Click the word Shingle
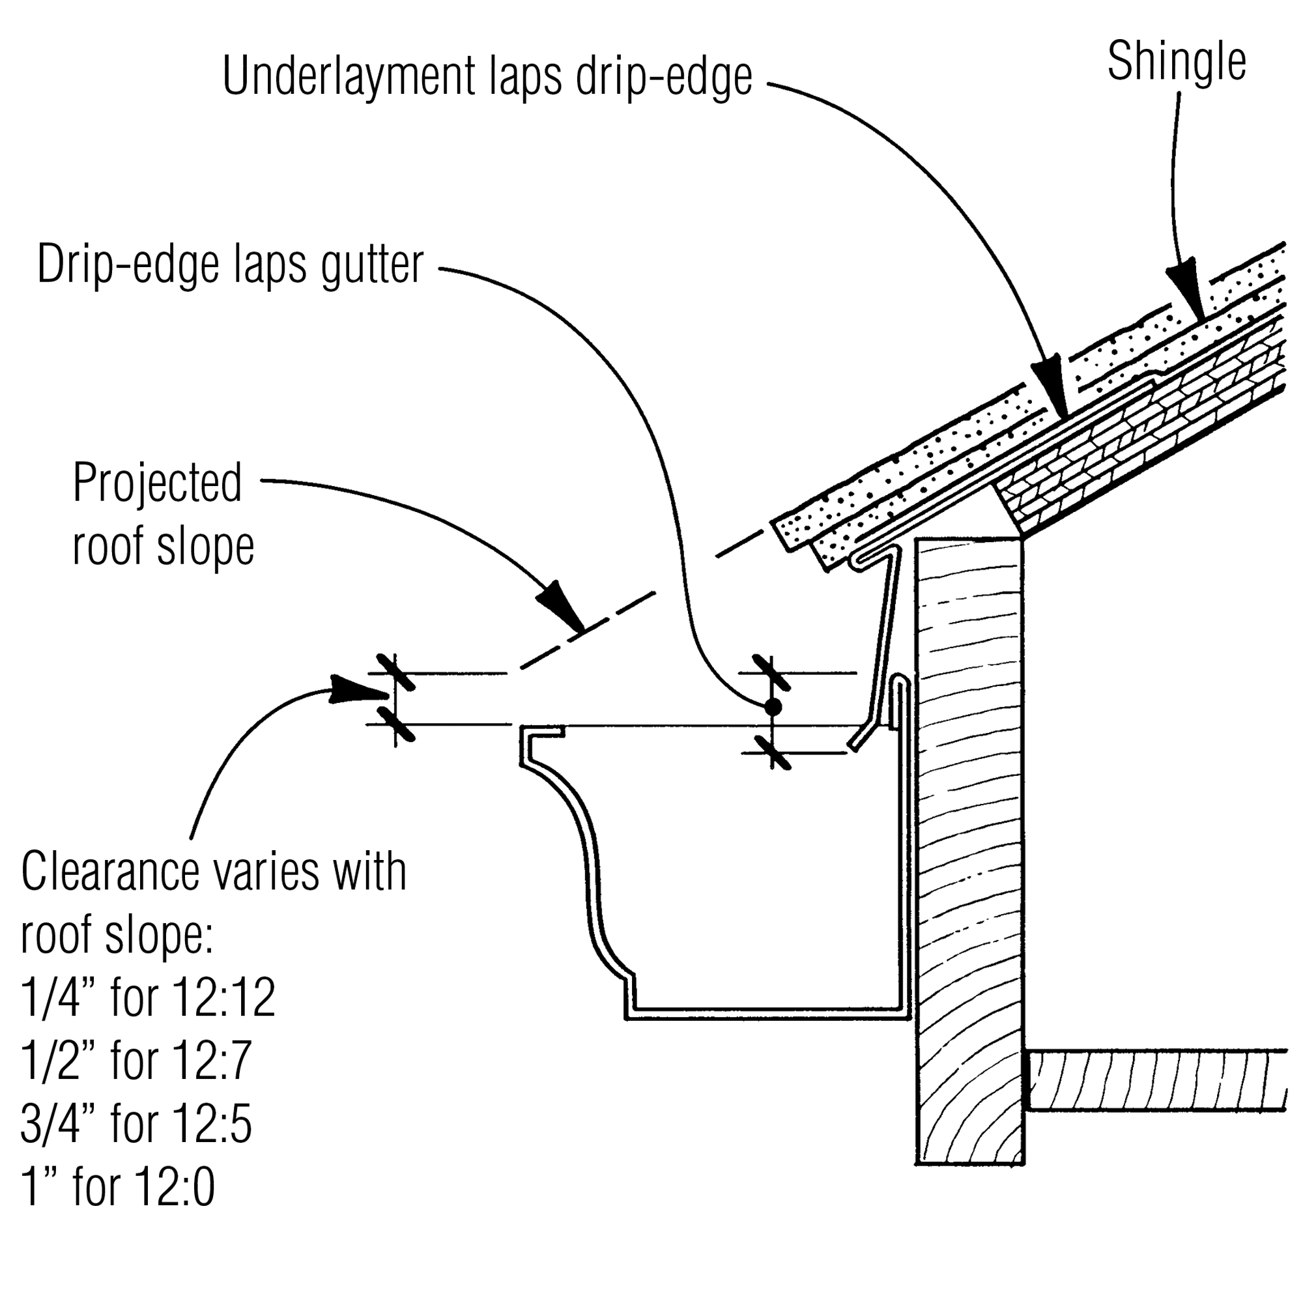click(x=1176, y=63)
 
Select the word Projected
click(x=157, y=483)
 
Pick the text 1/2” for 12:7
click(x=136, y=1061)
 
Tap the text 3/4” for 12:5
click(x=136, y=1124)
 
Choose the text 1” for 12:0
click(x=118, y=1188)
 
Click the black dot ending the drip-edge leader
click(x=772, y=708)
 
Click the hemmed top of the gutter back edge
click(x=901, y=681)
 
